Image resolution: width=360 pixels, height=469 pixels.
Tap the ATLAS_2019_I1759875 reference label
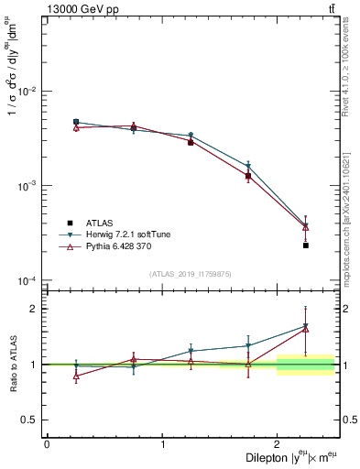pos(190,273)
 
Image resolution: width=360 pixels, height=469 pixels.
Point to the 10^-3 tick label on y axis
pos(29,186)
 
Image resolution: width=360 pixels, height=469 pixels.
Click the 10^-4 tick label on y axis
pos(29,280)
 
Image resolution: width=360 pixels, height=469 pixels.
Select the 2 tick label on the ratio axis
pos(36,309)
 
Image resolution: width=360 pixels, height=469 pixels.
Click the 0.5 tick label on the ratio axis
pos(32,420)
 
